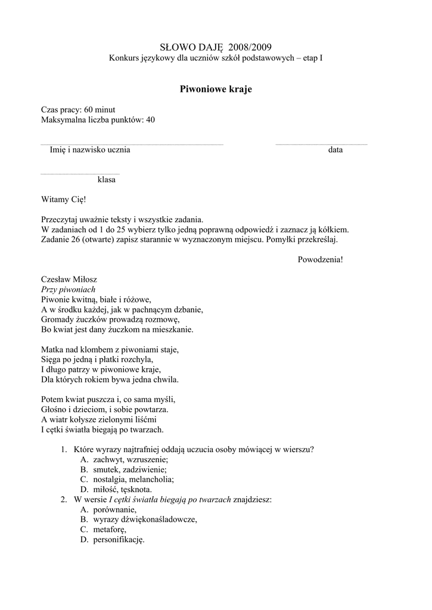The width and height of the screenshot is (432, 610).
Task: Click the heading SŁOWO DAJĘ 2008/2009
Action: [216, 46]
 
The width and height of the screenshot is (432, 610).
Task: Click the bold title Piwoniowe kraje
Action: [216, 89]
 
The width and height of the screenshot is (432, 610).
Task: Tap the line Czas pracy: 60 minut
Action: [78, 110]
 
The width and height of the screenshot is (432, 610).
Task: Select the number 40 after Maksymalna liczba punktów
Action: [150, 120]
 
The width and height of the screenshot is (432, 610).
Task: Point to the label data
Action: [335, 150]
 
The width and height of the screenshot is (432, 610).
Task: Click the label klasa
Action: [107, 180]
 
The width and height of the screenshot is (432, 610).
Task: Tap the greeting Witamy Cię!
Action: [64, 200]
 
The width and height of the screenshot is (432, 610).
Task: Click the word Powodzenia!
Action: [320, 259]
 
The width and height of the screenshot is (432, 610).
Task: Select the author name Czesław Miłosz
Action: [69, 279]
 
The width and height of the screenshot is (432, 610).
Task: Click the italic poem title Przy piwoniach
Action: [69, 289]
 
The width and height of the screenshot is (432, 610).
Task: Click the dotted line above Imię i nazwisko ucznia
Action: [132, 144]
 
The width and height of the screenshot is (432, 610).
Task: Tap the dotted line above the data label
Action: [321, 144]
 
